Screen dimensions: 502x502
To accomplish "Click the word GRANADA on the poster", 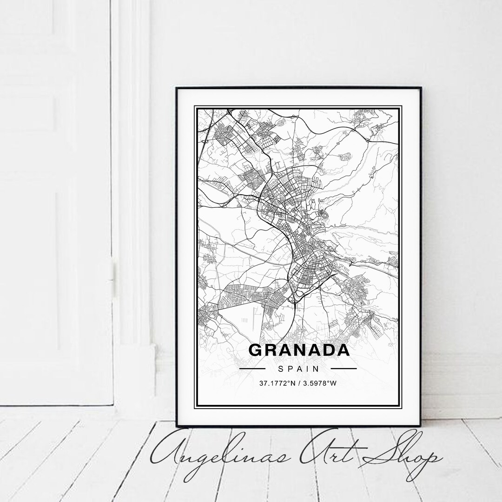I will click(x=299, y=350).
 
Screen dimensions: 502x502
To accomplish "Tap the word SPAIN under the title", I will click(x=299, y=369).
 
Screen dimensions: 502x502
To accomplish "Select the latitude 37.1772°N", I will click(x=277, y=384).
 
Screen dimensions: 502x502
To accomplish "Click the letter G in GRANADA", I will click(x=256, y=350).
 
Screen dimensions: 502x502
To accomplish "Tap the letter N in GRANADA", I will click(x=299, y=350).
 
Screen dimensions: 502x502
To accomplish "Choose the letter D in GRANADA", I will click(x=328, y=350).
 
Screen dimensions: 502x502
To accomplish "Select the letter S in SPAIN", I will click(x=281, y=369).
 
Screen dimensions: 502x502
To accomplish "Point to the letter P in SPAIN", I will click(x=290, y=369).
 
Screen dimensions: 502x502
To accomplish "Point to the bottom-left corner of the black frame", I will click(x=177, y=425).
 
